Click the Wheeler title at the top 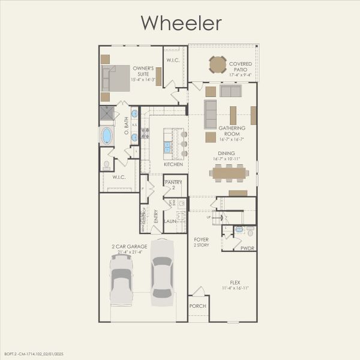pyautogui.click(x=181, y=23)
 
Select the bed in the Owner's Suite pyautogui.click(x=116, y=78)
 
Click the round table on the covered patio pyautogui.click(x=217, y=64)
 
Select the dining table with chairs pyautogui.click(x=229, y=173)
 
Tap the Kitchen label pyautogui.click(x=173, y=164)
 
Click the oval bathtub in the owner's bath pyautogui.click(x=107, y=136)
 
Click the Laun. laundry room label pyautogui.click(x=170, y=221)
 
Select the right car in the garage pyautogui.click(x=162, y=273)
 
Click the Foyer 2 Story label pyautogui.click(x=200, y=242)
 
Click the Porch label pyautogui.click(x=197, y=306)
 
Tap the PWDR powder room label pyautogui.click(x=247, y=247)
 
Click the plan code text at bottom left pyautogui.click(x=33, y=354)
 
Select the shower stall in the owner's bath pyautogui.click(x=107, y=113)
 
